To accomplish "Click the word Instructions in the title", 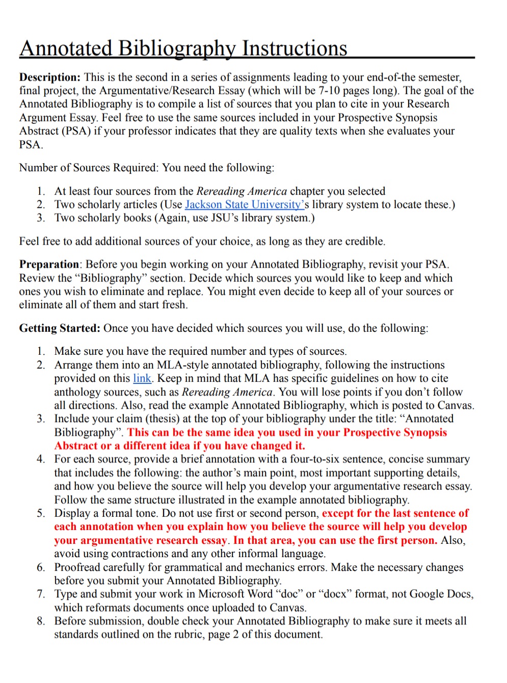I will click(294, 48).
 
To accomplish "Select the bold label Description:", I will click(50, 77).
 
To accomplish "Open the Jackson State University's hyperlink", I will click(245, 204).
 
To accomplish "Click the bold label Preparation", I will click(49, 265).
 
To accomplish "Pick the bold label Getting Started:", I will click(60, 328).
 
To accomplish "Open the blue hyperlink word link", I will click(142, 378).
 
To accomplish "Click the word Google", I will click(427, 594).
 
